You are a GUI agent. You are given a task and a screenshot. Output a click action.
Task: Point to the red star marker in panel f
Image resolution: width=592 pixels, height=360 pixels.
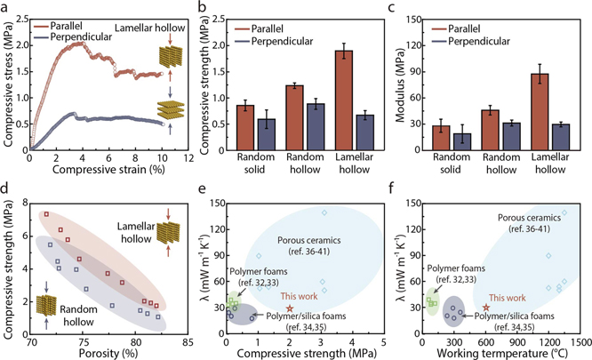[x=485, y=307]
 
